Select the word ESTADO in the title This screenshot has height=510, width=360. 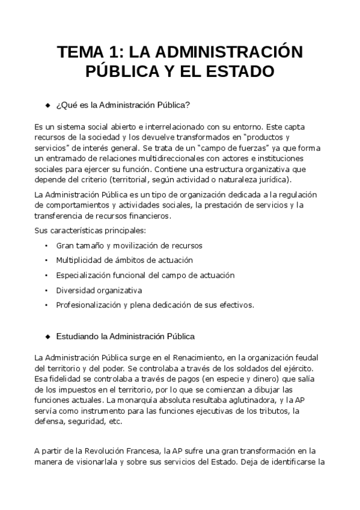(x=239, y=72)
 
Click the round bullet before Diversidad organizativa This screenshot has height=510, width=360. (x=47, y=289)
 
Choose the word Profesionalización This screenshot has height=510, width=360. (x=89, y=304)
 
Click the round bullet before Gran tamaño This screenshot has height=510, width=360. (x=47, y=245)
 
